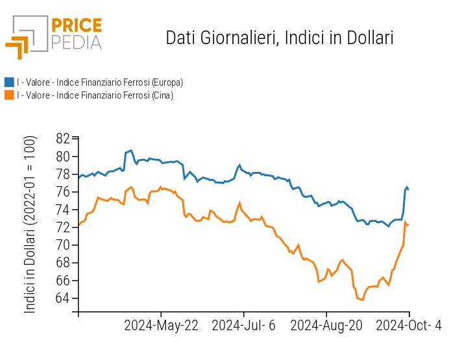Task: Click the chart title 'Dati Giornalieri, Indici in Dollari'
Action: coord(280,38)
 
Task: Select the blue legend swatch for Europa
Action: coord(9,82)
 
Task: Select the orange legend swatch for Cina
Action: coord(9,95)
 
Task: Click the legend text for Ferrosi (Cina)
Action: coord(95,95)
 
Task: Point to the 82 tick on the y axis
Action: coord(63,139)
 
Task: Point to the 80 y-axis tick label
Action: coord(63,156)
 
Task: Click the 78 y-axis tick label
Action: coord(63,174)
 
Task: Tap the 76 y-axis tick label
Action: coord(63,192)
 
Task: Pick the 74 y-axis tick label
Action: coord(63,210)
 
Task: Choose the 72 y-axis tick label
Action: coord(63,228)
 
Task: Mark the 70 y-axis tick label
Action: coord(63,245)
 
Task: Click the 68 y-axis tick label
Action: coord(63,263)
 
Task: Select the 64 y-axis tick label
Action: coord(63,299)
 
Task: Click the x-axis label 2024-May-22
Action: coord(161,325)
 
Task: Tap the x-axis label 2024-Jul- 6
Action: coord(244,325)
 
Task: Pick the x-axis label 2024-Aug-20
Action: coord(326,325)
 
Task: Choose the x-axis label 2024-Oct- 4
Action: coord(409,325)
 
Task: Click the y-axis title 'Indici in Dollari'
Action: coord(30,224)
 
